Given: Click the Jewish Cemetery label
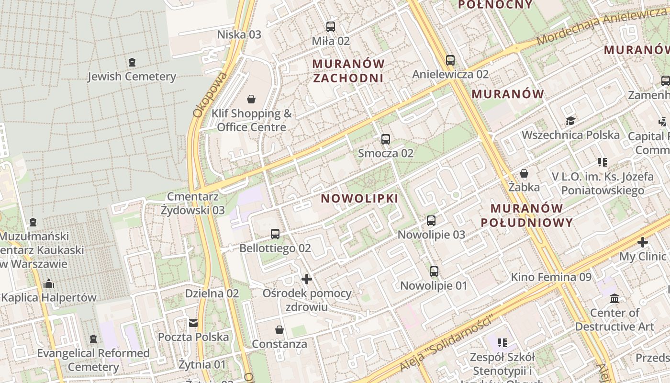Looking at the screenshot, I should (132, 77).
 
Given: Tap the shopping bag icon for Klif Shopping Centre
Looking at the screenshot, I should (251, 99).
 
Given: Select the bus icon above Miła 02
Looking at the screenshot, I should (330, 26).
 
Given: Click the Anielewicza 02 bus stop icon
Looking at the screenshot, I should (450, 60).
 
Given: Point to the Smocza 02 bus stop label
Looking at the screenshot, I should (386, 153).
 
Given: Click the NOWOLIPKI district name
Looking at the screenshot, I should (359, 198).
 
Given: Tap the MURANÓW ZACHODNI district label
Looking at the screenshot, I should (348, 71).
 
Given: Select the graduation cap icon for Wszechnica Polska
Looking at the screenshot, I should (570, 120).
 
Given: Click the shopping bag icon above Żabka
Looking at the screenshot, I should (524, 173).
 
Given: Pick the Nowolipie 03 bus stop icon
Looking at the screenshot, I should (431, 220).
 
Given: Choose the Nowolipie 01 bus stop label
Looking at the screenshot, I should (434, 286).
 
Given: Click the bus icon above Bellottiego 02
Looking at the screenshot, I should (275, 234).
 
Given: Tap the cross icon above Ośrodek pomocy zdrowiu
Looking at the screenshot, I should (307, 279).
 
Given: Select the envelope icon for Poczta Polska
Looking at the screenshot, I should (193, 323).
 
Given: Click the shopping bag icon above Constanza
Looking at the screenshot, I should (279, 330).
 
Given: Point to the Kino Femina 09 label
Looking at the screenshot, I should (551, 277).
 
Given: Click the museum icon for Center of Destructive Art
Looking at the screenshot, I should (614, 299).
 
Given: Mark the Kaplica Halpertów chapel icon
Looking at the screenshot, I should (48, 283).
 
